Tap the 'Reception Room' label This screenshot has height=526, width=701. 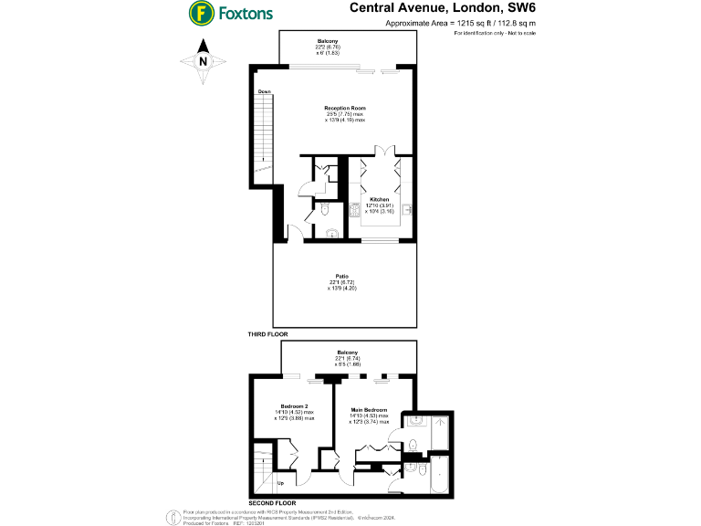[345, 108]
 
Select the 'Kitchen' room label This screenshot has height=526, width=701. [380, 199]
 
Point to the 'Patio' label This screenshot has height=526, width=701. [342, 277]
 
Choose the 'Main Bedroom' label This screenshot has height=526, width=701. [369, 410]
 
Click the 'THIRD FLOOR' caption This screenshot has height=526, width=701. [267, 335]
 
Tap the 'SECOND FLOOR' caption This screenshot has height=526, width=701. [272, 502]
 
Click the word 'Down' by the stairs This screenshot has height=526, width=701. [265, 92]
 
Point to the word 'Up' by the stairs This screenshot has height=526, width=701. [280, 483]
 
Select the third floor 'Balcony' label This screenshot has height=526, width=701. [328, 41]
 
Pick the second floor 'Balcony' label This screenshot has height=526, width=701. [347, 352]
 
